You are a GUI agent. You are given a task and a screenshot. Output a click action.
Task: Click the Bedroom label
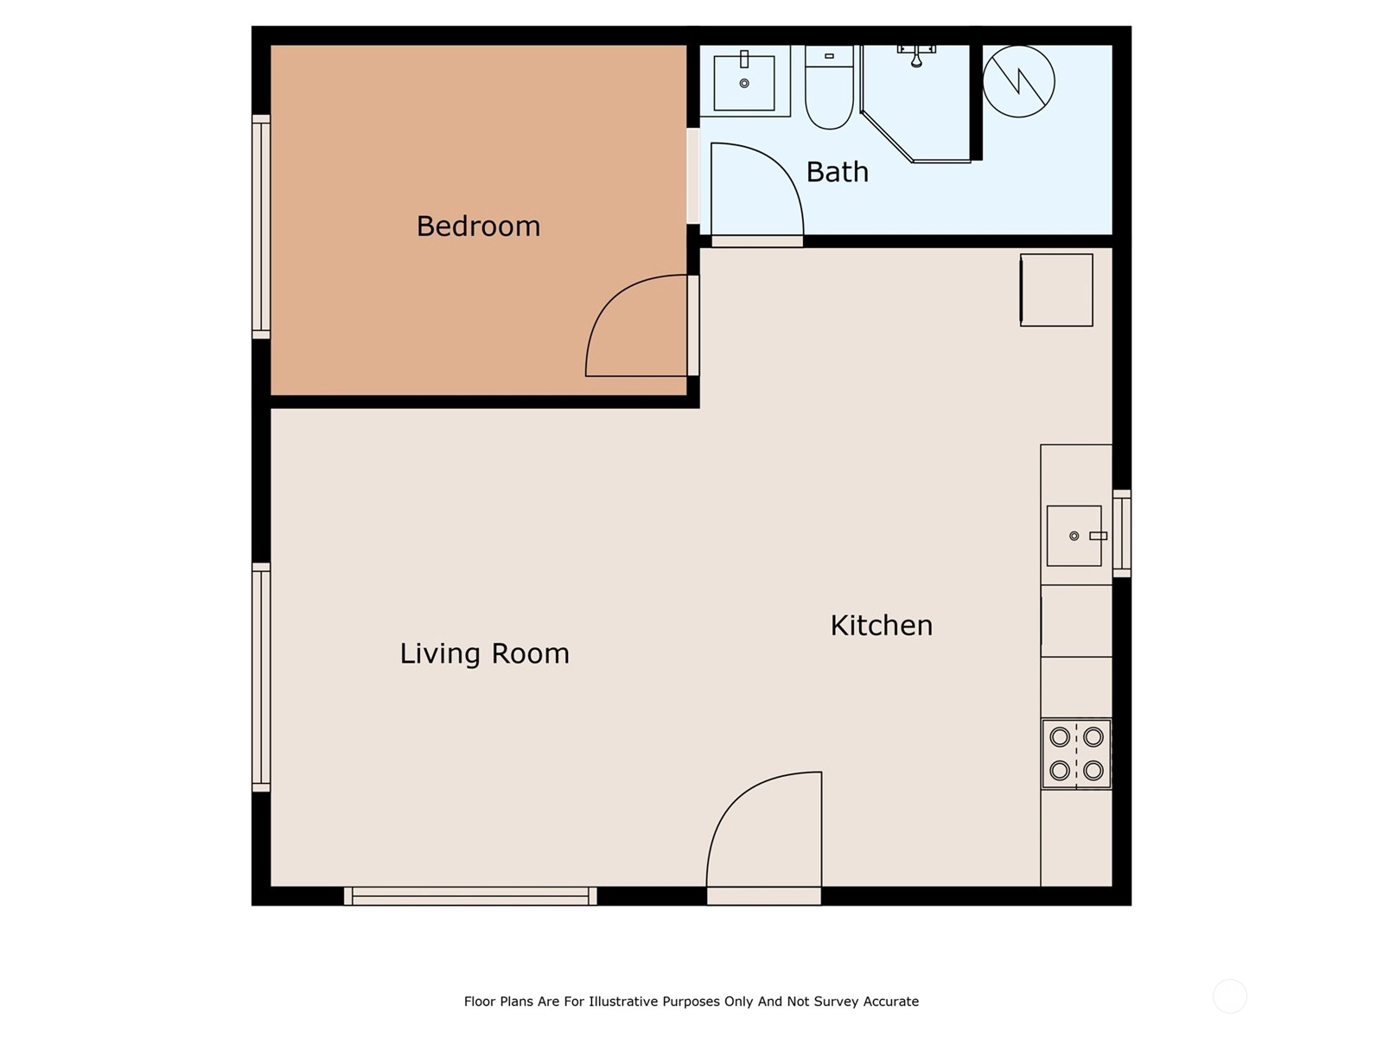(478, 226)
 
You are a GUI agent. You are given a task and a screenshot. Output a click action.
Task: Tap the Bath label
(838, 172)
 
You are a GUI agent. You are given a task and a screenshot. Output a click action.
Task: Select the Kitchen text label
(882, 625)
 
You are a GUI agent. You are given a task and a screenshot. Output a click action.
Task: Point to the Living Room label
(485, 653)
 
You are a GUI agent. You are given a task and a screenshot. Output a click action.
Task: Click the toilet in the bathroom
(829, 87)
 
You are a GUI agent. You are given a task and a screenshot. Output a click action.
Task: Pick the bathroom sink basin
(744, 82)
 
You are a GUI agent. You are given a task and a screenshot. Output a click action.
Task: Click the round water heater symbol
(1019, 81)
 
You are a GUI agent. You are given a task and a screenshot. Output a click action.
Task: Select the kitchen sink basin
(1074, 536)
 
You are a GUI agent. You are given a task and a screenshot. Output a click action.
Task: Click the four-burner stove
(1076, 754)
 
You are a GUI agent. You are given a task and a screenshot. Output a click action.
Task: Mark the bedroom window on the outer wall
(261, 226)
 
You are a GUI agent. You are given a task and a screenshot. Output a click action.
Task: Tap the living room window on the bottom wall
(470, 896)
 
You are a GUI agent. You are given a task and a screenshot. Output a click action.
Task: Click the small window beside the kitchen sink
(1121, 534)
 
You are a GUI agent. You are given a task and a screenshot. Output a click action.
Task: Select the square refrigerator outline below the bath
(1056, 290)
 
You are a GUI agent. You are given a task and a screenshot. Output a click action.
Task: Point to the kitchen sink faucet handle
(1099, 536)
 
